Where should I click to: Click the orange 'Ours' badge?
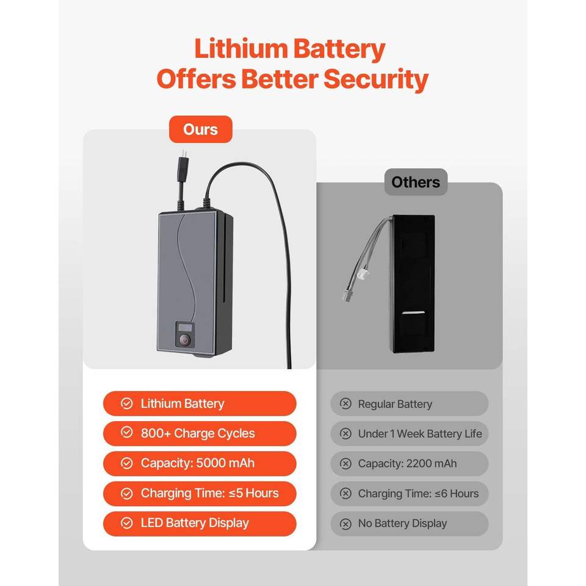click(200, 129)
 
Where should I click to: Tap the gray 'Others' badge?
click(416, 182)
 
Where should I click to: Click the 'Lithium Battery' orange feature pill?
click(200, 403)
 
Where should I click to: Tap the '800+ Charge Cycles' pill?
click(200, 433)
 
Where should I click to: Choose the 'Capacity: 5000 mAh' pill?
click(200, 463)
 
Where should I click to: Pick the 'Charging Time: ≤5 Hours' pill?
click(200, 493)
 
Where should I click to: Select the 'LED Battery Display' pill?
click(200, 523)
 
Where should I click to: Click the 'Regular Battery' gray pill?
click(410, 404)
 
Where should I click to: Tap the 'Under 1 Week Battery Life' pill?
click(410, 434)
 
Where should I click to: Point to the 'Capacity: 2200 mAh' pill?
click(410, 464)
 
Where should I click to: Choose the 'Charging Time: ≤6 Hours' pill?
click(410, 494)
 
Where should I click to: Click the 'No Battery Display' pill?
click(410, 524)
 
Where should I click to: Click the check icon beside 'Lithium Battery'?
click(127, 403)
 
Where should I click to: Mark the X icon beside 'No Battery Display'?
click(345, 524)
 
